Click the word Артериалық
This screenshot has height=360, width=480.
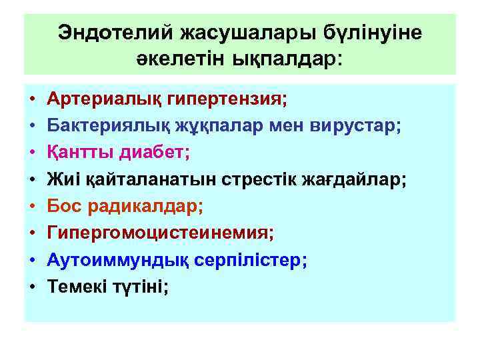point(96,99)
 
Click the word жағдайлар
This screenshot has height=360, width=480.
point(361,179)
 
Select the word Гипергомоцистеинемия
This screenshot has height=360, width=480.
point(160,233)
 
